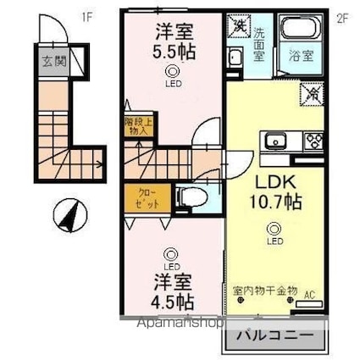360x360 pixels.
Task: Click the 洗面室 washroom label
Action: [x=258, y=43]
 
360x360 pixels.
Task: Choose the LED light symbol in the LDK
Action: [x=273, y=228]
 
